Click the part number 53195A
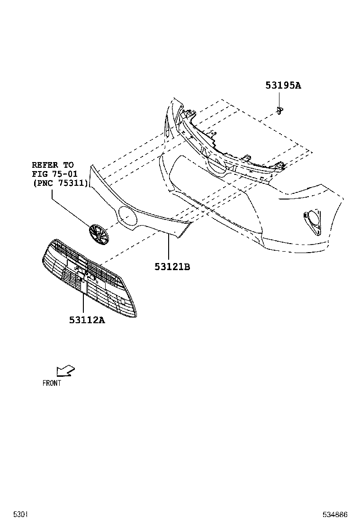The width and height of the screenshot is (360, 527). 283,85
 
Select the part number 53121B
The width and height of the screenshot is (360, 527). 172,267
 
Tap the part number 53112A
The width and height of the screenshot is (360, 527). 87,320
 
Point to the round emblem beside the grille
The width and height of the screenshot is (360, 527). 99,234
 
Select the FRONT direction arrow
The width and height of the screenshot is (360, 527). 65,371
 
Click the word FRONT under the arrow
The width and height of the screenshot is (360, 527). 52,383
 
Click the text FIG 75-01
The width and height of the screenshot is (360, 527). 55,174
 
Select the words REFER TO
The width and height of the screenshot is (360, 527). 53,165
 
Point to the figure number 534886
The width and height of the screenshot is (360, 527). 335,514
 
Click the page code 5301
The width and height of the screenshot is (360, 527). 20,514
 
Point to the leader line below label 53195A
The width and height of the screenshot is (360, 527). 279,99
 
